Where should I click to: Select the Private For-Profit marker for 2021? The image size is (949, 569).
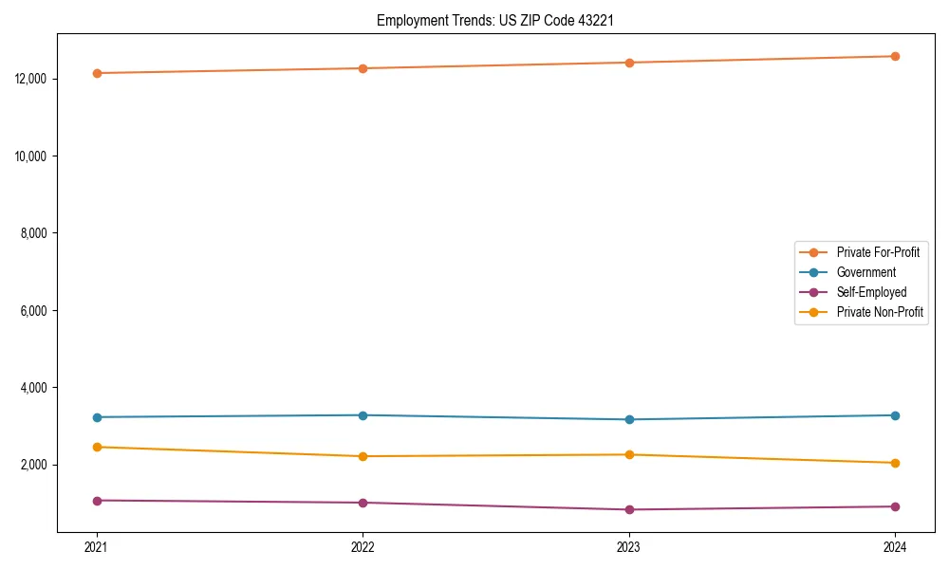97,73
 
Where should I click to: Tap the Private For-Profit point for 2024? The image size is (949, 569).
895,56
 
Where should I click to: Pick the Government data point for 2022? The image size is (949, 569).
363,415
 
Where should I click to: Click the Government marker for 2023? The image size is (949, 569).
629,419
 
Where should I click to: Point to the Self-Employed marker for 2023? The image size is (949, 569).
629,509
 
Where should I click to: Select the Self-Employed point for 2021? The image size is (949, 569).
97,500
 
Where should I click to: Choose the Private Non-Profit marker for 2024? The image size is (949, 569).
895,463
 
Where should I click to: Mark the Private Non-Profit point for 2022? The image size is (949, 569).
363,456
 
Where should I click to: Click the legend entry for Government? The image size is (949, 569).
865,272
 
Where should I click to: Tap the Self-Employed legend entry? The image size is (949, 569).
871,292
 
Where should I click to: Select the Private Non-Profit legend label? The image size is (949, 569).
880,312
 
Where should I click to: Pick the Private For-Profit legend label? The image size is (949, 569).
878,252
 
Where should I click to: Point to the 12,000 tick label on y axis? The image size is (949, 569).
32,79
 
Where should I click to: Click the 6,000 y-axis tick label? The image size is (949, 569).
35,310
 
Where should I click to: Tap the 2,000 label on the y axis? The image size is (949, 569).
35,465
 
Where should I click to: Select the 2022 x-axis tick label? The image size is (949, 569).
363,546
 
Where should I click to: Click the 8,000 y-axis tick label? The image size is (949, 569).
35,233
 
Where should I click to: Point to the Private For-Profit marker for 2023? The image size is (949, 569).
629,63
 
